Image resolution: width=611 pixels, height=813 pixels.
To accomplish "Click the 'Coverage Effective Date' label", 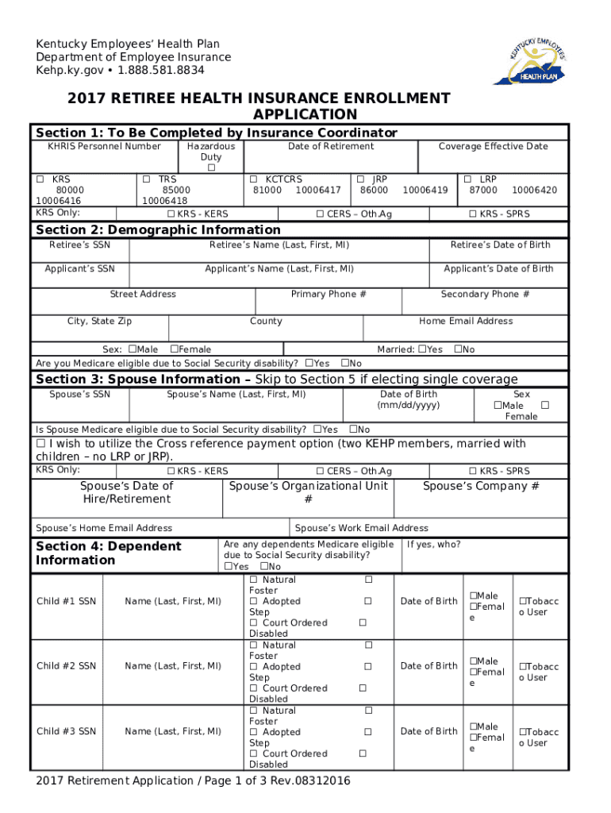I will (493, 146).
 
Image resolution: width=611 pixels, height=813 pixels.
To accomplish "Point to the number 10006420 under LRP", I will (534, 191).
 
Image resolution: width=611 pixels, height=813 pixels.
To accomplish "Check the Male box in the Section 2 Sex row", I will (133, 349).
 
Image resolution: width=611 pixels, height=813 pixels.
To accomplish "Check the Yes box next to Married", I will (422, 349).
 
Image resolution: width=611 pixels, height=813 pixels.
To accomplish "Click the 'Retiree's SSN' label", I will (79, 245).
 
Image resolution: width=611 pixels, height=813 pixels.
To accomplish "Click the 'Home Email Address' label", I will (466, 322).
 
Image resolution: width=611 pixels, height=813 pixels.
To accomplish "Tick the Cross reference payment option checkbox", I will (41, 444).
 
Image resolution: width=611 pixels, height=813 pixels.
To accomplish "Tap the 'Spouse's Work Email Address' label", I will (361, 528).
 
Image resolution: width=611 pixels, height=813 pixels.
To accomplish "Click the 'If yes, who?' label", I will (433, 545).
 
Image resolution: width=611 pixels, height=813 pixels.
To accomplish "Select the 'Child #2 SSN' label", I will (67, 666).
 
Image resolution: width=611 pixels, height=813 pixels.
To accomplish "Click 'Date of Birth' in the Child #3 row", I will (428, 731).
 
